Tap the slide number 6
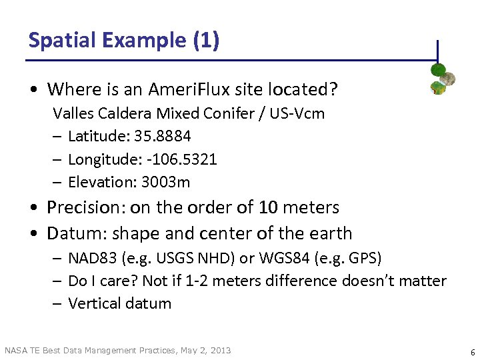pos(472,351)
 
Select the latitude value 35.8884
pos(163,136)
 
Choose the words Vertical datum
pos(119,303)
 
